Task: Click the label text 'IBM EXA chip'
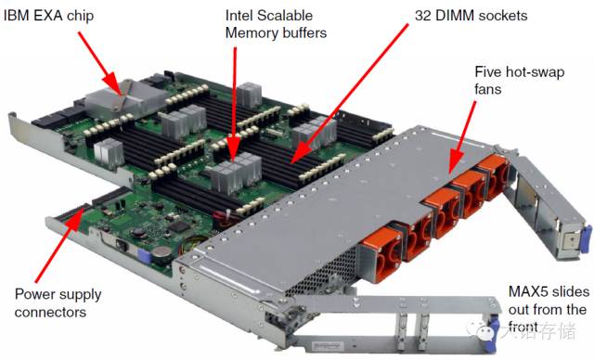(48, 17)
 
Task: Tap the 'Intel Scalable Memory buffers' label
(276, 24)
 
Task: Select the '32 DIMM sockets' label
(471, 16)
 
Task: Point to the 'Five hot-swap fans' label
(520, 80)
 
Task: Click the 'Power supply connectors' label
(58, 303)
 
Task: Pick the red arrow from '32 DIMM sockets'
(350, 94)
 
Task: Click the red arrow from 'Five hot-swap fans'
(463, 137)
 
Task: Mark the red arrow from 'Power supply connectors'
(58, 247)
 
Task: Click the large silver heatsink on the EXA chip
(123, 99)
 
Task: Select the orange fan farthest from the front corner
(493, 177)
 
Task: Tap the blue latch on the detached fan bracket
(586, 241)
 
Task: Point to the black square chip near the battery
(178, 226)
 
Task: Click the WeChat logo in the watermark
(484, 330)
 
